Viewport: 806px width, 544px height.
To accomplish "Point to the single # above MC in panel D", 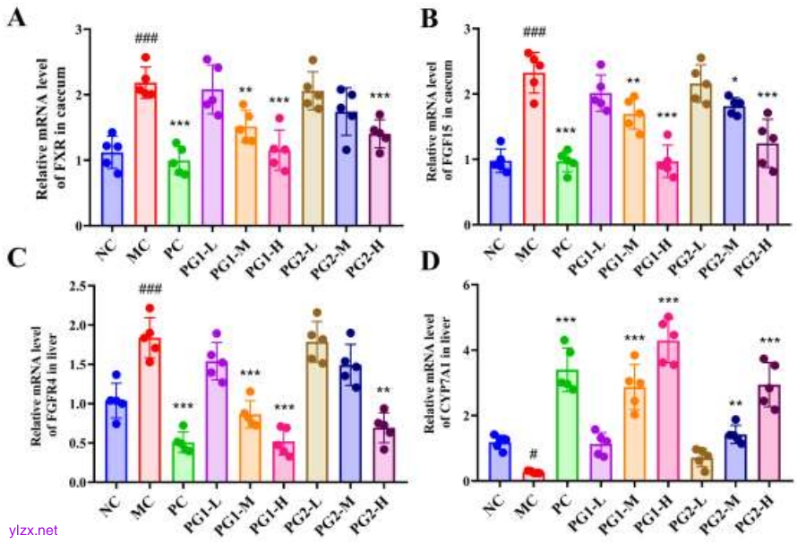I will click(534, 453).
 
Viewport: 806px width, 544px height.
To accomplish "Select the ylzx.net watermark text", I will click(32, 531).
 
